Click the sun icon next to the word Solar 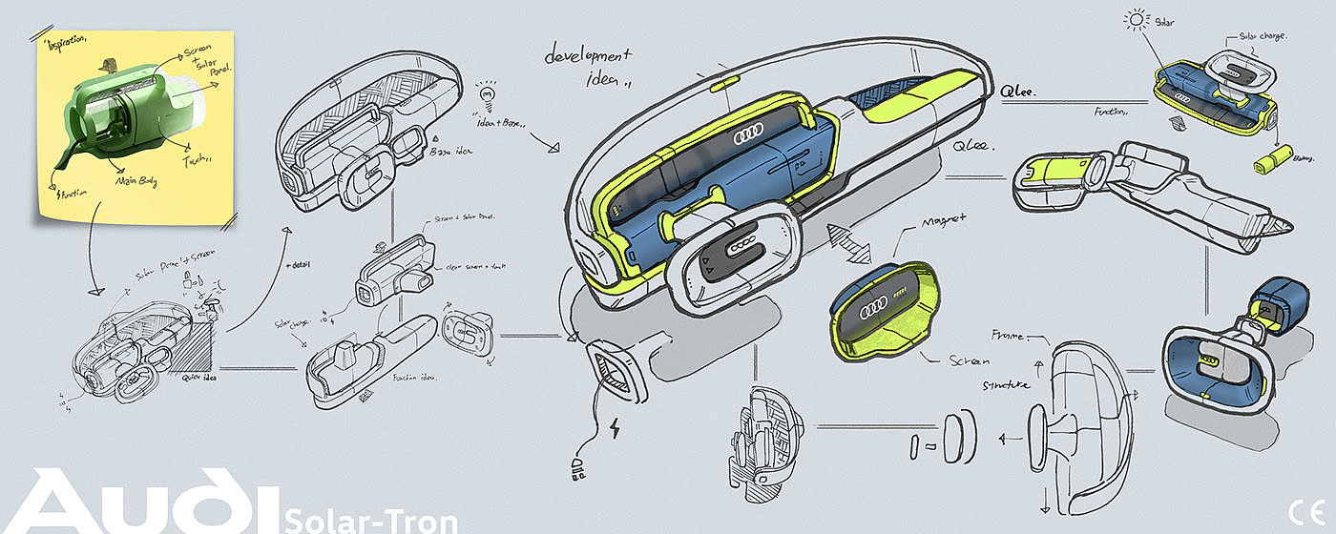tap(1136, 19)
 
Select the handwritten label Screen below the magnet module tap(969, 361)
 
